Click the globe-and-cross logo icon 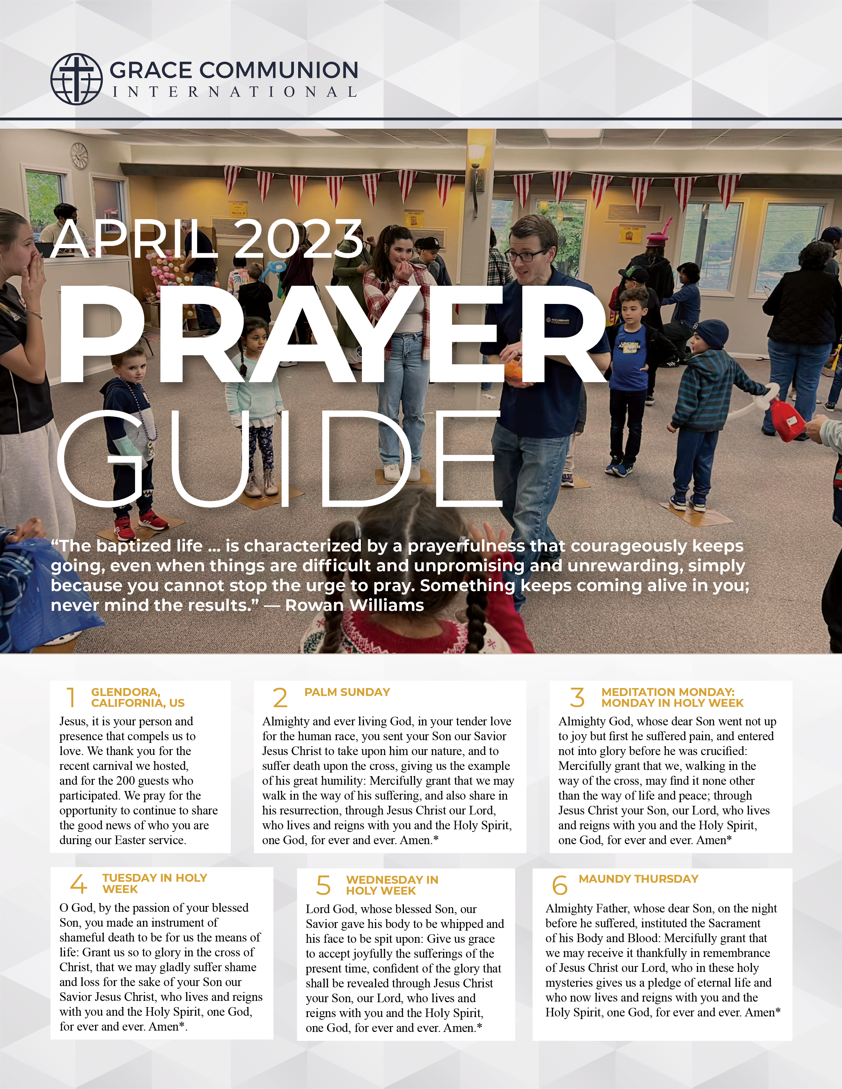[x=76, y=79]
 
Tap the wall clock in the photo [x=79, y=155]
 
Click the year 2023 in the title [x=298, y=240]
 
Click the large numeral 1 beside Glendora [x=71, y=697]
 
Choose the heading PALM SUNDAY [x=347, y=692]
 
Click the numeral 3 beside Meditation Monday [x=577, y=697]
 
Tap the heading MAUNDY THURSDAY [x=639, y=878]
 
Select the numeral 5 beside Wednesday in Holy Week [x=323, y=886]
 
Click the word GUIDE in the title [x=279, y=459]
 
